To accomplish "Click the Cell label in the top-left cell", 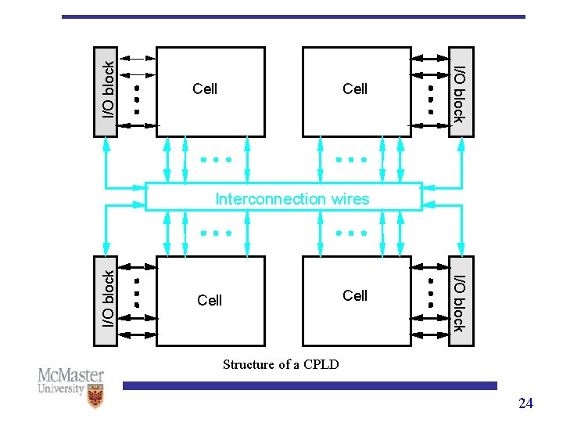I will (205, 89).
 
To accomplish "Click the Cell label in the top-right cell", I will (355, 89).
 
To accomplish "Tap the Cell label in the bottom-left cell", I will (210, 301).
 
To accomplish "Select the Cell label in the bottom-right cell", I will (355, 295).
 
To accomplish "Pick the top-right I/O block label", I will (460, 94).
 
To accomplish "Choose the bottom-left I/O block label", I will (108, 298).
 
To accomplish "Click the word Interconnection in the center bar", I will (271, 199).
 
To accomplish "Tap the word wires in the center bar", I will (350, 199).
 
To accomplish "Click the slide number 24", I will (525, 403).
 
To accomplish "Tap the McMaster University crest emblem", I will (95, 398).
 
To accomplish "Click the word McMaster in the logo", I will (71, 375).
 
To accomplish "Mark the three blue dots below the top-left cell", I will (215, 159).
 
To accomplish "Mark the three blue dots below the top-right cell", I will (351, 159).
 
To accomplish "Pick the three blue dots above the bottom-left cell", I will (215, 233).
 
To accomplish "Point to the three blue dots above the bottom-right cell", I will (351, 233).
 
